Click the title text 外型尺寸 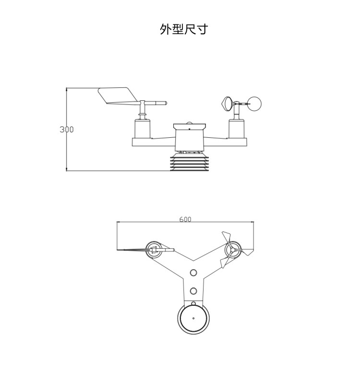pos(184,29)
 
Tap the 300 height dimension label pos(67,130)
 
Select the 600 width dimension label pos(185,219)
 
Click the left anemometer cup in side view pos(227,103)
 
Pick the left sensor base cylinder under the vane pos(143,129)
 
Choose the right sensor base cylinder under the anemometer pos(237,129)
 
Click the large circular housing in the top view pos(193,318)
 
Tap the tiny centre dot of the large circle pos(193,318)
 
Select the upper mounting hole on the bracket pos(193,273)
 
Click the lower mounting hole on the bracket pos(193,291)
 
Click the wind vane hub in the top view pos(154,249)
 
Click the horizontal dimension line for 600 pos(144,222)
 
